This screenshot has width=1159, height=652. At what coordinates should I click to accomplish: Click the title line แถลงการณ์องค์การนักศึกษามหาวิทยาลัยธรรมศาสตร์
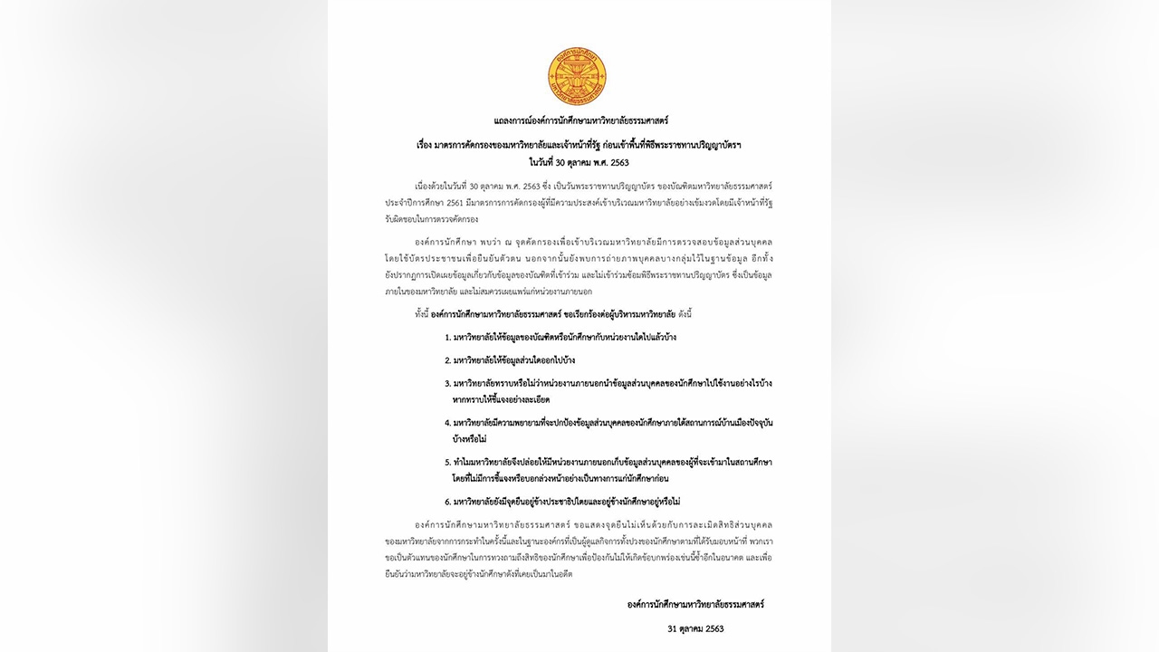580,120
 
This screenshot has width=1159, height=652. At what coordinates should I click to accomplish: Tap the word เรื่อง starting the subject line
427,144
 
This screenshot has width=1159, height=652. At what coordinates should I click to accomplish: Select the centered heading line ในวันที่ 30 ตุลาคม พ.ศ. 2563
580,162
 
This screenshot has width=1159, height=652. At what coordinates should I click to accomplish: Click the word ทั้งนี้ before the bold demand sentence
422,313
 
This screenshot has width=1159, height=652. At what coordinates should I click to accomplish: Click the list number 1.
447,337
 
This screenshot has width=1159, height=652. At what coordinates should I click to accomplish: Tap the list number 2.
447,360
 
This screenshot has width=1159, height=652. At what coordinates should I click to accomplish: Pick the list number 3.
447,383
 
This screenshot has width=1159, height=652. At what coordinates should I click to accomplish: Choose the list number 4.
447,423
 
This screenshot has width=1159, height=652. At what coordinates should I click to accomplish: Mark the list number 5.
447,462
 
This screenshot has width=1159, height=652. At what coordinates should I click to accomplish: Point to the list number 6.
447,502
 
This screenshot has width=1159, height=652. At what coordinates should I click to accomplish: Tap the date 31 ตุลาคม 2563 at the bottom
695,628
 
